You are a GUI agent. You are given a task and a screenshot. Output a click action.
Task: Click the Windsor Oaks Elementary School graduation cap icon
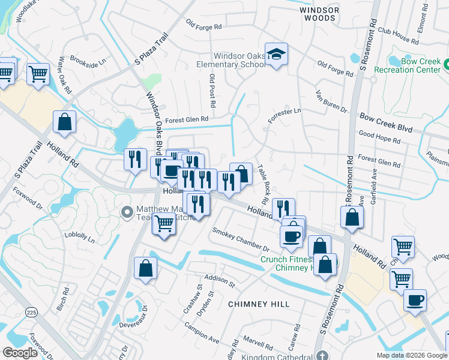276,55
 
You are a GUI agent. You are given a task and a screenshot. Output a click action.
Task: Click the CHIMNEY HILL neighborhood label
259,304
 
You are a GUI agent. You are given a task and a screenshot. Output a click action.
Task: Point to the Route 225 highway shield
31,312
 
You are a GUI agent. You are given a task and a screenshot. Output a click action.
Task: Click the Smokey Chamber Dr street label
241,239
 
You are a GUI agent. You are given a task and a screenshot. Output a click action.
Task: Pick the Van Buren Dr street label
331,102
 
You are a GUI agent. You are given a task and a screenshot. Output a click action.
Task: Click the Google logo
20,353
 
